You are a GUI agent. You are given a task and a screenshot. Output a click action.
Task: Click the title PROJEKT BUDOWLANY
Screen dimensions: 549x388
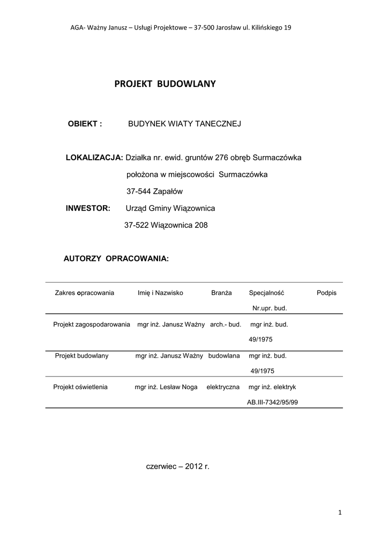[x=165, y=84]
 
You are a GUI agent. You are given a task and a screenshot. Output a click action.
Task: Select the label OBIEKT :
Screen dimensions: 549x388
[x=85, y=124]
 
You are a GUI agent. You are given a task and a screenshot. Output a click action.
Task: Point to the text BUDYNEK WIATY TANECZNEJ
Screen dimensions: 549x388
[x=184, y=124]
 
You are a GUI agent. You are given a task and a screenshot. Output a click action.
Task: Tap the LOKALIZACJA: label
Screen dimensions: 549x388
[x=94, y=158]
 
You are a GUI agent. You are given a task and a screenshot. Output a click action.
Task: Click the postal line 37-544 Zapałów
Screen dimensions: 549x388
[x=155, y=191]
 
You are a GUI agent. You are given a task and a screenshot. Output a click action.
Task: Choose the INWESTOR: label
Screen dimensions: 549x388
[x=88, y=208]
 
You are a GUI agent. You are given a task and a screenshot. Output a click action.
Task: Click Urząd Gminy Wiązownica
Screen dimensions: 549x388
[x=170, y=208]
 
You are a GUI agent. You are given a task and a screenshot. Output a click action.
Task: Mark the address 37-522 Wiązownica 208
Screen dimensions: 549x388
[x=166, y=225]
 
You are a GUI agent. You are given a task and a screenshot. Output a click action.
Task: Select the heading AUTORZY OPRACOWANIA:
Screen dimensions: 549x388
[x=116, y=259]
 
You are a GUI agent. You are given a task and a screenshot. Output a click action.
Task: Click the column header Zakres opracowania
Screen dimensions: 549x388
[x=85, y=293]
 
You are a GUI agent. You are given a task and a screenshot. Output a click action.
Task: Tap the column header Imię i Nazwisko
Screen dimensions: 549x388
[x=160, y=293]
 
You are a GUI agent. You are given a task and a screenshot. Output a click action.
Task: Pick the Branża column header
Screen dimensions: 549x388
[x=221, y=293]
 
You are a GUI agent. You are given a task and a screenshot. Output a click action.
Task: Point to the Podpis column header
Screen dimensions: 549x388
[x=326, y=293]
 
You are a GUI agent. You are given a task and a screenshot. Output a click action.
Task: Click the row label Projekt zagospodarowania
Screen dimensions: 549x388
[x=92, y=324]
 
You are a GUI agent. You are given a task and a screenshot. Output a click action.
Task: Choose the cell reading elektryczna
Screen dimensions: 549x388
[x=223, y=387]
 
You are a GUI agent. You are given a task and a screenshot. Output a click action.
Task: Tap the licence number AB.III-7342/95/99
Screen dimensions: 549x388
[x=272, y=402]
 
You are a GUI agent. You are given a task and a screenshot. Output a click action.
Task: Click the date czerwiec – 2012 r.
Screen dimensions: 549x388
[x=178, y=467]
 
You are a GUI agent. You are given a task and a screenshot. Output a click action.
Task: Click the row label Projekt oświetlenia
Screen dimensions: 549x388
[x=80, y=387]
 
